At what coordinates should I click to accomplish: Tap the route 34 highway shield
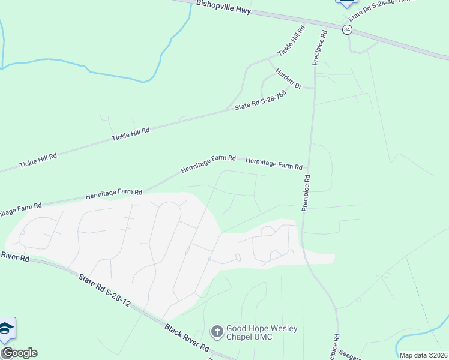(347, 29)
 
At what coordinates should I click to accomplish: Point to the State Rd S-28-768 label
(260, 100)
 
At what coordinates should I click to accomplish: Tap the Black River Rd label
(187, 338)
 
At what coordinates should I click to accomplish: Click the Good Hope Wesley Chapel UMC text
(261, 332)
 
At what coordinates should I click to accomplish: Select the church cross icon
(216, 331)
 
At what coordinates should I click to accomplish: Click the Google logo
(19, 353)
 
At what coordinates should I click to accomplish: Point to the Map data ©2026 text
(423, 355)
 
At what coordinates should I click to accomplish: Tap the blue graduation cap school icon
(7, 329)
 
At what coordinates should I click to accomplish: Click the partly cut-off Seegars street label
(350, 355)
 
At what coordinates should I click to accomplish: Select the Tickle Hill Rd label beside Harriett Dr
(291, 41)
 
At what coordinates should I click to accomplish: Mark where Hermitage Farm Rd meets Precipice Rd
(309, 169)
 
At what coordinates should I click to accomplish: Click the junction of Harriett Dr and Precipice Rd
(315, 88)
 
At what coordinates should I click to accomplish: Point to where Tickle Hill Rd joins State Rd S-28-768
(226, 110)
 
